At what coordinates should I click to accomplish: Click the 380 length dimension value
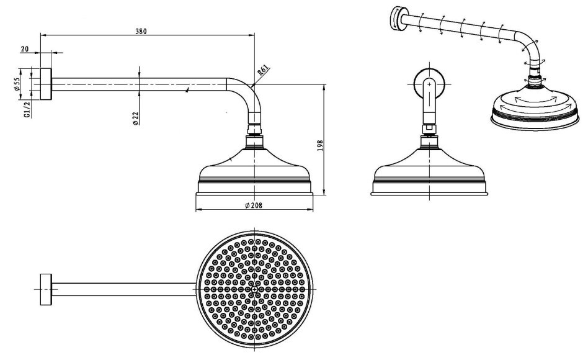tap(141, 31)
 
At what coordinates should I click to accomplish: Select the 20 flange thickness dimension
tap(25, 49)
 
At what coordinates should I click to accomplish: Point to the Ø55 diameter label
tap(17, 84)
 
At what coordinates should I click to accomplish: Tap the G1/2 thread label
tap(27, 109)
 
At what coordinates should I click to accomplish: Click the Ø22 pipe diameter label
tap(136, 118)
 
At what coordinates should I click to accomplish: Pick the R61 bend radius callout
tap(262, 70)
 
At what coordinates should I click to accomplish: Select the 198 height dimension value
tap(321, 146)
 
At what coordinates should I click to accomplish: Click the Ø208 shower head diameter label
tap(254, 205)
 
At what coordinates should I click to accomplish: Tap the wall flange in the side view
tap(46, 84)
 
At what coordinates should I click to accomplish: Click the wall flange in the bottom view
tap(46, 290)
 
